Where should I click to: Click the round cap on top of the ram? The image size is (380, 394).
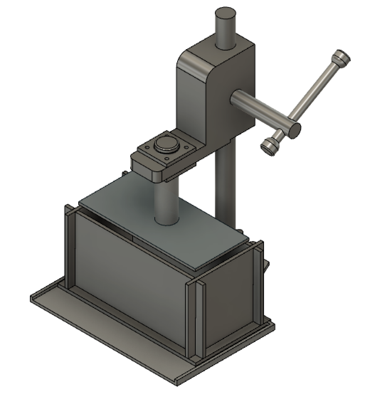(166, 144)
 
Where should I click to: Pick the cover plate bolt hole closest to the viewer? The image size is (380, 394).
(167, 158)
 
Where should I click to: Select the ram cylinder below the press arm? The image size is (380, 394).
(166, 203)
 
